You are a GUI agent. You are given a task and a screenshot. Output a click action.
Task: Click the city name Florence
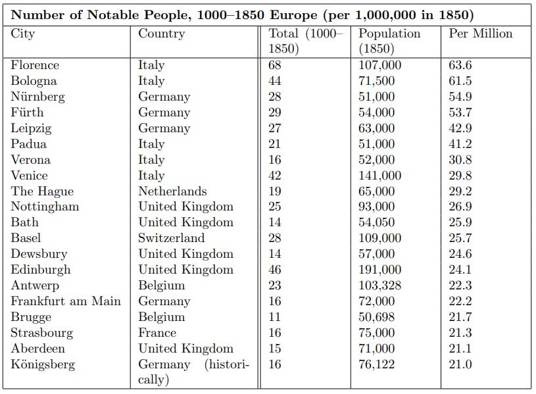click(35, 65)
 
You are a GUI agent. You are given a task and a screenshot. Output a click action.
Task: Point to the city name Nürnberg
click(37, 97)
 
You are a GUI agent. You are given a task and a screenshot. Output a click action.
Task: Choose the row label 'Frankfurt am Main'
click(66, 301)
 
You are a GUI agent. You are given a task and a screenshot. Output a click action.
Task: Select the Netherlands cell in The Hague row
click(172, 191)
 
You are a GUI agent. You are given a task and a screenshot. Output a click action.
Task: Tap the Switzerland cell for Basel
click(171, 238)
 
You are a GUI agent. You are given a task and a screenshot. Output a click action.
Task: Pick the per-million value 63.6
click(460, 65)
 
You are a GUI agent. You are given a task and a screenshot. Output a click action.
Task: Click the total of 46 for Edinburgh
click(275, 270)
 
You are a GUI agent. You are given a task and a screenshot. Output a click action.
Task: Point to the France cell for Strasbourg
click(157, 333)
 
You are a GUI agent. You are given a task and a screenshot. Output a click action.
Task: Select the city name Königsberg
click(43, 364)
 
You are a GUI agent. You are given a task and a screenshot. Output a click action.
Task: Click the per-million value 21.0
click(460, 364)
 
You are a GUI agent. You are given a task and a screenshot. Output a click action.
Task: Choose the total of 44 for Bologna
click(275, 81)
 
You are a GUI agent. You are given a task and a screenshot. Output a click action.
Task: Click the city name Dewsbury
click(39, 254)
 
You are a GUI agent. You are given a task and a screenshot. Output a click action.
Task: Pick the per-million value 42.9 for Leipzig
click(460, 128)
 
